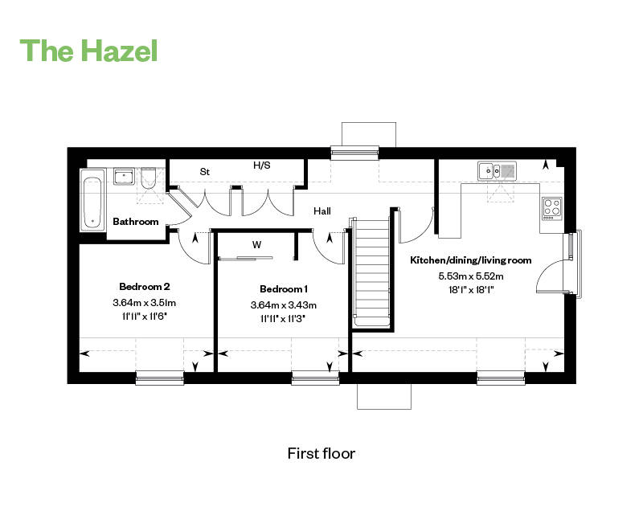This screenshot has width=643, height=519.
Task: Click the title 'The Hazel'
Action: point(88,50)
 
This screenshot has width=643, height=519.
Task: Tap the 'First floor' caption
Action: point(321,453)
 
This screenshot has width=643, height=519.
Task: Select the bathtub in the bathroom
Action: point(93,199)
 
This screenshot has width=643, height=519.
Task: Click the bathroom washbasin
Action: point(123,177)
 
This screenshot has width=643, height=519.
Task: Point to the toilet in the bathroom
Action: point(149,179)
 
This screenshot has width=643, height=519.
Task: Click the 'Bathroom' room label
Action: point(135,221)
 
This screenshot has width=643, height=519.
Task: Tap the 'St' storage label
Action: point(204,171)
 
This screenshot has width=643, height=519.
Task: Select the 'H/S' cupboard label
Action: point(262,166)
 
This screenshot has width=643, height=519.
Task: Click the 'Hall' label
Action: point(322,210)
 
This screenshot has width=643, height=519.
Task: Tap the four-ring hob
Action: point(551,208)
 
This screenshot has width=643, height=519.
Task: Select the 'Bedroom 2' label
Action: point(145,286)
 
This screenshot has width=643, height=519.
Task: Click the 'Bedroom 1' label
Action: point(284,288)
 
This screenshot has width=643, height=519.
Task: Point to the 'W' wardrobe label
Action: point(256,244)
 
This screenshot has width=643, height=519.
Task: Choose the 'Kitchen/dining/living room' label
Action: point(470,260)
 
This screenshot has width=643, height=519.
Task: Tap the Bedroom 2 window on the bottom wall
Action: point(159,376)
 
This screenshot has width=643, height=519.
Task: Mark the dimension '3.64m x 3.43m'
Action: point(284,304)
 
